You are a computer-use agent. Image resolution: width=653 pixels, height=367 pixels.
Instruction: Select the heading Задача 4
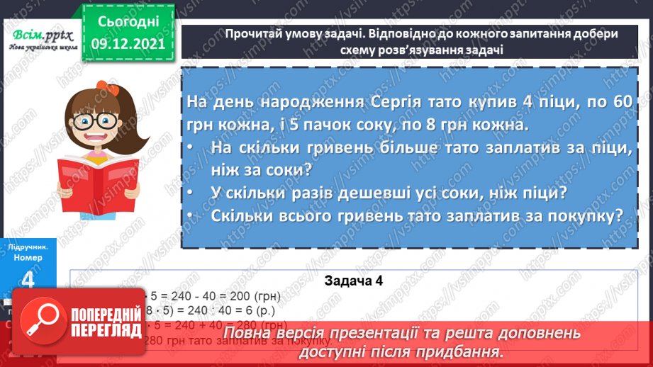(x=353, y=281)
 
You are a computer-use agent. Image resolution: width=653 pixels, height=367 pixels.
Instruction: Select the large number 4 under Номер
(x=28, y=280)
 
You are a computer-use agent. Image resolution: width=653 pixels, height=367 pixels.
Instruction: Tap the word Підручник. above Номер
(x=28, y=248)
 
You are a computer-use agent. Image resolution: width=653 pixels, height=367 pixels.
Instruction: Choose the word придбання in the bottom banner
(x=462, y=351)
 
